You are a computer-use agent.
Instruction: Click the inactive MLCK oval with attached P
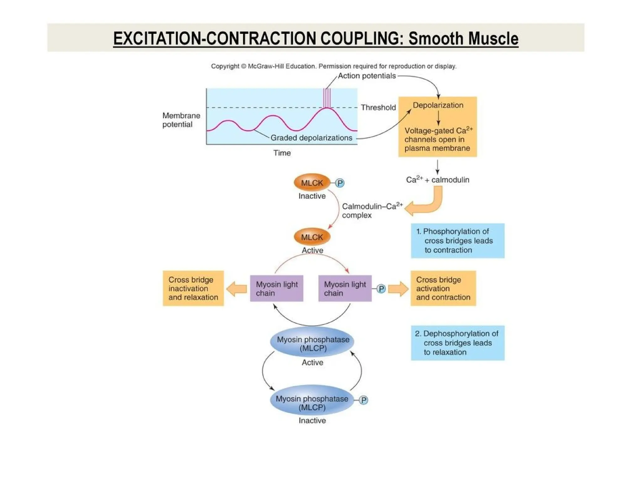(312, 183)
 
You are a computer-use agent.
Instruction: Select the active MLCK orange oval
(312, 237)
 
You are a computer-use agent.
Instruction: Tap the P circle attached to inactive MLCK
(339, 183)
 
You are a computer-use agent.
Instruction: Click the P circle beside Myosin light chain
(381, 289)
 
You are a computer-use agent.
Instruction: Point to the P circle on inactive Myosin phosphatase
(363, 400)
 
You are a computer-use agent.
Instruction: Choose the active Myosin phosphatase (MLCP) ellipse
(312, 342)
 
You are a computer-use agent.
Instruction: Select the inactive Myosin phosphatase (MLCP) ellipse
(312, 401)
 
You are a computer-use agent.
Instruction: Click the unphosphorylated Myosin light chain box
(276, 288)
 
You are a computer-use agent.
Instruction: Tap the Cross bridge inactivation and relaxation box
(193, 288)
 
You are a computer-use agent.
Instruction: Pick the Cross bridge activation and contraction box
(443, 288)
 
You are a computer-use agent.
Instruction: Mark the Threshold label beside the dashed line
(378, 107)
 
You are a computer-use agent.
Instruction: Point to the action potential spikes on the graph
(327, 98)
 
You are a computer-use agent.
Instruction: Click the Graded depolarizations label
(311, 138)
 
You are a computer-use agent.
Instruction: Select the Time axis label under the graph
(282, 153)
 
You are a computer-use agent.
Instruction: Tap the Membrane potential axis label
(181, 120)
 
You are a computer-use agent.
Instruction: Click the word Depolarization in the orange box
(438, 105)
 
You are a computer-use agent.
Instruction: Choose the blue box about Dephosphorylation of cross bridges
(457, 343)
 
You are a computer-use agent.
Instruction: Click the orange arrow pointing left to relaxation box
(236, 288)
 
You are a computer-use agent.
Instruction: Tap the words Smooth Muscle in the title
(463, 39)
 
